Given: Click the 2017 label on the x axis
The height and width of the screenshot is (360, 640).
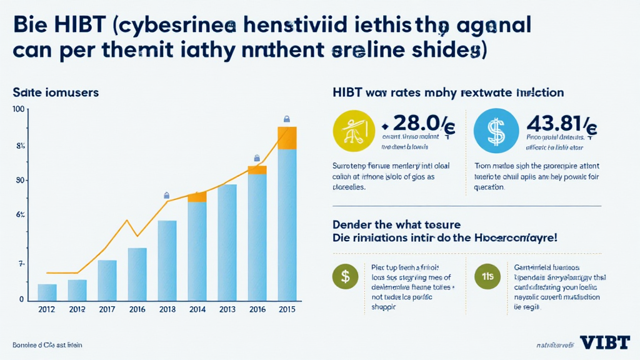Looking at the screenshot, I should coord(107,309).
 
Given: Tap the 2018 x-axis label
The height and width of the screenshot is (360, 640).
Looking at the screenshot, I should coord(167,309).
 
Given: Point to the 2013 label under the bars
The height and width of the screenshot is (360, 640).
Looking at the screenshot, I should coord(227,309).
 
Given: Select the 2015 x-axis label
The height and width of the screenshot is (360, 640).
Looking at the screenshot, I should coord(286,309).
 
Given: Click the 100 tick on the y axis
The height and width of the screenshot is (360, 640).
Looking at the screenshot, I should coord(18,110).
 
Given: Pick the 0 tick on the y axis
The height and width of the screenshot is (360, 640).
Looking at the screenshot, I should coord(21,299).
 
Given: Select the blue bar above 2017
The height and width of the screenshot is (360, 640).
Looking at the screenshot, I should coord(107,280).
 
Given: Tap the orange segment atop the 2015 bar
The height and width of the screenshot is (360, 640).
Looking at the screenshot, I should coord(287,138).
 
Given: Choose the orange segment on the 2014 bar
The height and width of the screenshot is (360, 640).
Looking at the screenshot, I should coord(197,197).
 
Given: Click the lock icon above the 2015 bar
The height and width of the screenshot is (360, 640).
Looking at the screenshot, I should coord(287,119).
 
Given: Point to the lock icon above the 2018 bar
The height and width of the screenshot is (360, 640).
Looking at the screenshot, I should coord(166,195).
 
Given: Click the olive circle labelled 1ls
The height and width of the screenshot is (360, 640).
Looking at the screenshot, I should coord(487,274).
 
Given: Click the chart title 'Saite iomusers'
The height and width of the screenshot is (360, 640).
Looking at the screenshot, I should coord(56,92).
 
